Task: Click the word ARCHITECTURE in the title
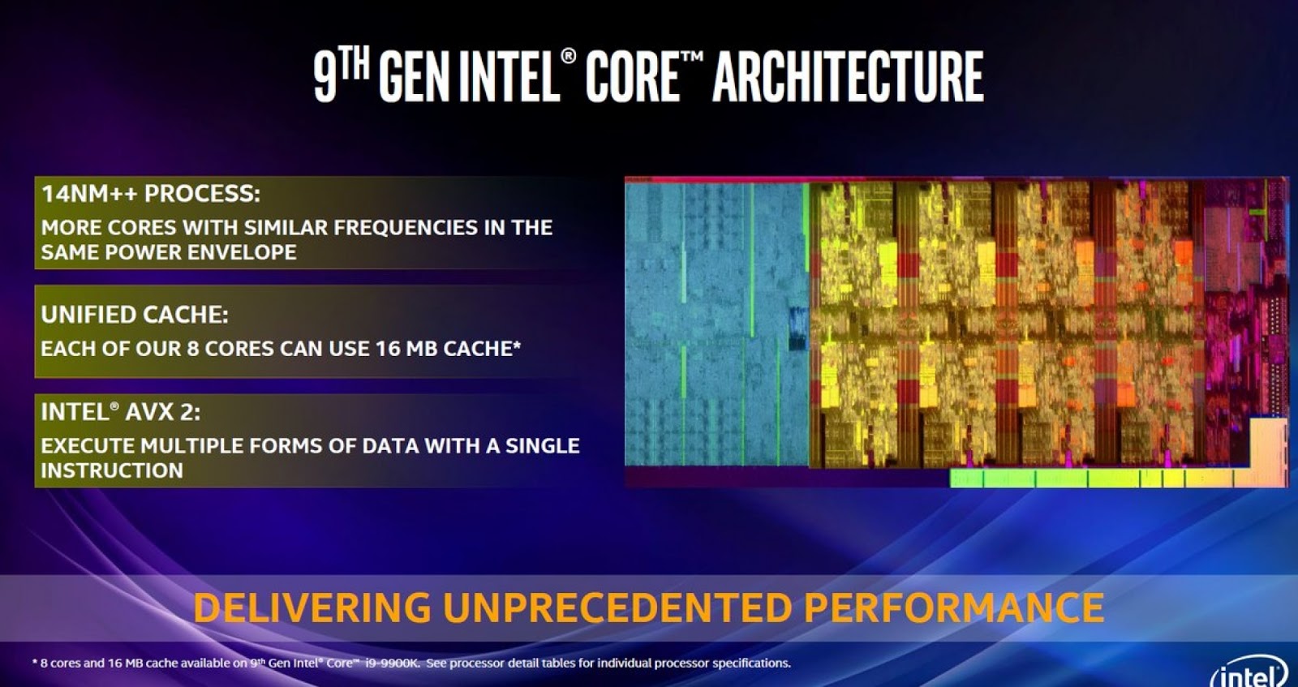(x=848, y=77)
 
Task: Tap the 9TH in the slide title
(x=341, y=75)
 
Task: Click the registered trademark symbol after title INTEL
(x=569, y=56)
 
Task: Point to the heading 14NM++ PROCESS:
(x=151, y=194)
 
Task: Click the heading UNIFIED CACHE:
(x=135, y=315)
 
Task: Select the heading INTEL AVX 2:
(x=120, y=412)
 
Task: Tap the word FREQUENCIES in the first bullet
(x=406, y=227)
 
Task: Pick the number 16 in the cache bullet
(x=387, y=349)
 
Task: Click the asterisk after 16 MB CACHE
(x=517, y=346)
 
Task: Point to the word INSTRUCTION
(x=112, y=470)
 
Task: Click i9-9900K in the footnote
(x=391, y=663)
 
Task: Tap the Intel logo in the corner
(x=1249, y=673)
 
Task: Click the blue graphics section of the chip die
(x=714, y=324)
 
